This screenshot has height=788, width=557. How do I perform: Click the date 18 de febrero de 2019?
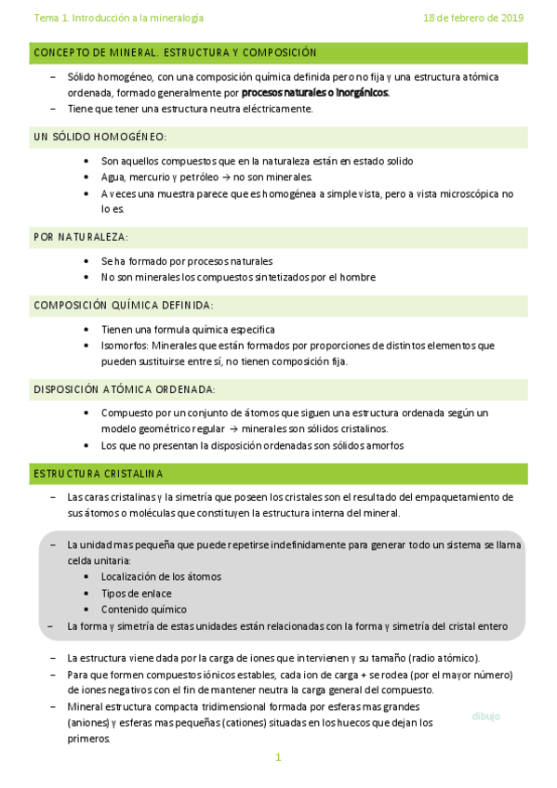pyautogui.click(x=473, y=18)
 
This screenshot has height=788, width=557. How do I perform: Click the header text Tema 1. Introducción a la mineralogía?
pyautogui.click(x=118, y=18)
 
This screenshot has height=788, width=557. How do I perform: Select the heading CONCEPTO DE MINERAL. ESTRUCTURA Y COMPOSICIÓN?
pyautogui.click(x=175, y=53)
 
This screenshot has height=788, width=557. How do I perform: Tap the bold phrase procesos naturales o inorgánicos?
pyautogui.click(x=315, y=93)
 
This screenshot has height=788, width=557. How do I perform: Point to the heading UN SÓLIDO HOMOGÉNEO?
pyautogui.click(x=99, y=137)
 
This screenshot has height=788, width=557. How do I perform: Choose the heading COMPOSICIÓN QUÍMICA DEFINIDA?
pyautogui.click(x=123, y=305)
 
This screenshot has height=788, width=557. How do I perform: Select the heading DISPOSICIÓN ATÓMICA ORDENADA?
pyautogui.click(x=124, y=388)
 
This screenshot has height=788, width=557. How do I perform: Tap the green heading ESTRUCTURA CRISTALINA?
pyautogui.click(x=98, y=474)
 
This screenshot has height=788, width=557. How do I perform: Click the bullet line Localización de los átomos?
pyautogui.click(x=161, y=576)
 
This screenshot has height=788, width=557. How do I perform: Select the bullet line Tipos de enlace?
pyautogui.click(x=136, y=593)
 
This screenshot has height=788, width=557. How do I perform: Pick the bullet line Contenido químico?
pyautogui.click(x=143, y=610)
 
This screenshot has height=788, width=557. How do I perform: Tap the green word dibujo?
pyautogui.click(x=485, y=716)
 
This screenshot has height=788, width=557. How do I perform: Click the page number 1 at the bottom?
pyautogui.click(x=278, y=757)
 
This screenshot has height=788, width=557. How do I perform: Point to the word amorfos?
pyautogui.click(x=384, y=445)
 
